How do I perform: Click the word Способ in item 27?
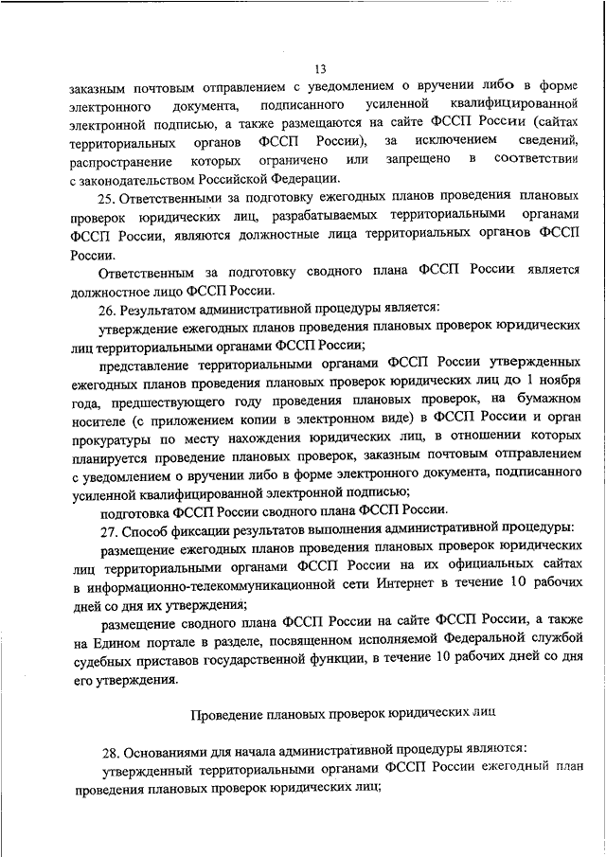pyautogui.click(x=153, y=527)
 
